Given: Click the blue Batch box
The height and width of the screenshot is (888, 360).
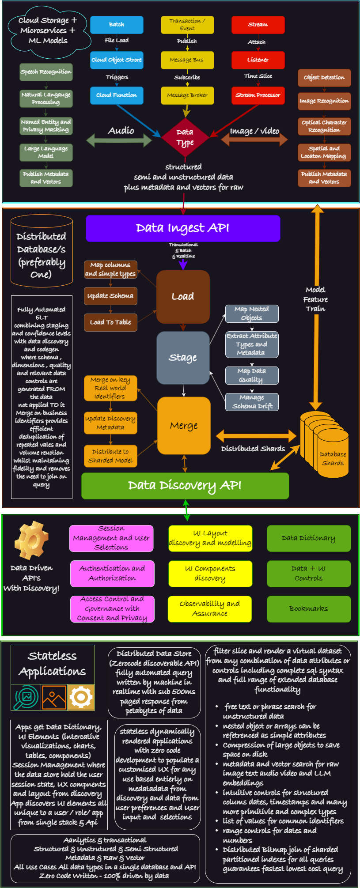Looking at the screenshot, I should [117, 25].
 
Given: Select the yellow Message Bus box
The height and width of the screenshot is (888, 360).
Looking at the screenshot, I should [187, 60].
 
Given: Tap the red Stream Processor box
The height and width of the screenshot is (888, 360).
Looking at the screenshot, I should [258, 95].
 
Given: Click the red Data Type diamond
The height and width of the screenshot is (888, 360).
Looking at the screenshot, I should [185, 137].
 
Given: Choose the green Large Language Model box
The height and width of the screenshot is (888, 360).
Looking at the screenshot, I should [46, 152].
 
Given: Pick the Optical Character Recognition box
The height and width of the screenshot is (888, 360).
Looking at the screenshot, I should [324, 127].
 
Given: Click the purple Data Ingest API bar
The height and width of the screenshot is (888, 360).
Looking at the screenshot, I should [183, 228].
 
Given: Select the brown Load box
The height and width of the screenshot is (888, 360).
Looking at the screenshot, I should [183, 297].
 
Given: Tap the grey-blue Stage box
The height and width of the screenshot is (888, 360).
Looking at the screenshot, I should [183, 358].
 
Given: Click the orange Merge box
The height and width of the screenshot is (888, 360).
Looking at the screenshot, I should [184, 426].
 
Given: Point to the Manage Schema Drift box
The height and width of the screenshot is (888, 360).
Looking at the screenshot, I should [252, 402].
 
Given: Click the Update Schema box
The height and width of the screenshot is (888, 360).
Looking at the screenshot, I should [110, 296].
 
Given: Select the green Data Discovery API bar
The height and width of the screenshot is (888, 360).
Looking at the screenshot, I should [185, 486].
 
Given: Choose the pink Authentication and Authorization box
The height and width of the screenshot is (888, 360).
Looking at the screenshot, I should [112, 574].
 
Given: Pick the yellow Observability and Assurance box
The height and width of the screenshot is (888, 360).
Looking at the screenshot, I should [210, 609].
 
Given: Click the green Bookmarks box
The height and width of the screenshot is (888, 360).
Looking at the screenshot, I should [309, 609].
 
